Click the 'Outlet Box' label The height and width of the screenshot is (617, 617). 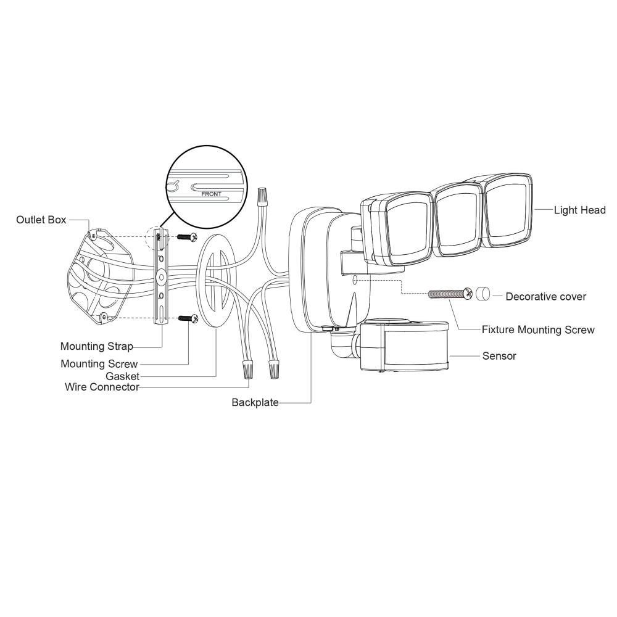(x=41, y=220)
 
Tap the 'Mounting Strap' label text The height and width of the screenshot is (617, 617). (x=96, y=346)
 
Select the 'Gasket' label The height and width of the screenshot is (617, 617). (x=122, y=376)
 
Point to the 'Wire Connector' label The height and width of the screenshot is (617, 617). (x=102, y=387)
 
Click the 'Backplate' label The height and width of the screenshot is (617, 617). (x=255, y=402)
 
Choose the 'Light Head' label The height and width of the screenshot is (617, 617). (x=579, y=210)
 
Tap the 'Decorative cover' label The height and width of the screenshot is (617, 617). (x=546, y=297)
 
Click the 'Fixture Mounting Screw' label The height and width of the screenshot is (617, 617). (x=538, y=329)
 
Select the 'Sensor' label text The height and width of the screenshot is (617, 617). (x=499, y=356)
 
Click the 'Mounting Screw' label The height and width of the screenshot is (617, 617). (x=99, y=364)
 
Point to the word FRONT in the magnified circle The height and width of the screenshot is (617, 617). (x=211, y=194)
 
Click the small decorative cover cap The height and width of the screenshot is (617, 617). (x=483, y=294)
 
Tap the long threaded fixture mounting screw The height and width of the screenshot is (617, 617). (x=450, y=294)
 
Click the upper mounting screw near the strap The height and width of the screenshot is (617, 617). (x=187, y=238)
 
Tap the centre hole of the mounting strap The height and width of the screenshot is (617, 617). (x=161, y=277)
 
